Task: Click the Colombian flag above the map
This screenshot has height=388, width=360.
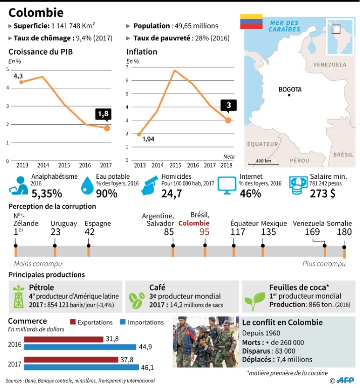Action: [250, 21]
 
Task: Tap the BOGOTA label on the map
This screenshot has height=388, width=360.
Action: [290, 89]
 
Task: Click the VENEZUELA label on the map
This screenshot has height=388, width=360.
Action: [329, 65]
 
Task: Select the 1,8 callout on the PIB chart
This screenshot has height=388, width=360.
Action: [104, 114]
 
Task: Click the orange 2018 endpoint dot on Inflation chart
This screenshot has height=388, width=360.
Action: [228, 120]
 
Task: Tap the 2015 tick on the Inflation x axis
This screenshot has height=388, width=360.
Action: [175, 165]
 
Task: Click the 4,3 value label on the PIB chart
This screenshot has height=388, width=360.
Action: [18, 76]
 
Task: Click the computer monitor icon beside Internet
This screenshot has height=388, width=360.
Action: [227, 186]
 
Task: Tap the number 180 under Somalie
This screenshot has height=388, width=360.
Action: [344, 232]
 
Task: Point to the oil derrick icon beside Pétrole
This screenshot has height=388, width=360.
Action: [19, 297]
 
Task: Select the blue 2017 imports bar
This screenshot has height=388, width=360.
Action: [80, 367]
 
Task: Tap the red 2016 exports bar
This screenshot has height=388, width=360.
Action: [63, 339]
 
